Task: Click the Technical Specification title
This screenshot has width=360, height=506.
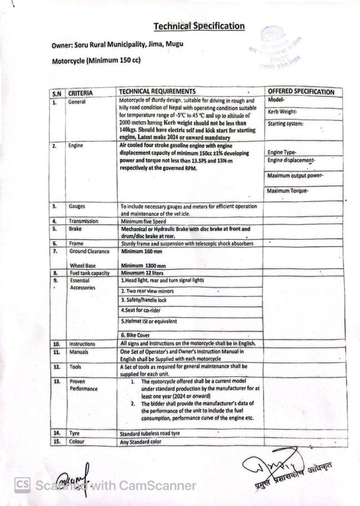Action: click(199, 26)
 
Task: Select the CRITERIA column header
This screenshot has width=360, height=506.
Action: click(81, 93)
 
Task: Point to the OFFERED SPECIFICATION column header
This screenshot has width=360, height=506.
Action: click(301, 92)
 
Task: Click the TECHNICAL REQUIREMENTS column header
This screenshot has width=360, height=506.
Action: click(157, 92)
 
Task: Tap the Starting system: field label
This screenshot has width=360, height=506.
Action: click(286, 123)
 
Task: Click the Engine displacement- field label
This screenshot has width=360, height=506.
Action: click(291, 161)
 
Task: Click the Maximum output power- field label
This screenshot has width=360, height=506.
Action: click(296, 176)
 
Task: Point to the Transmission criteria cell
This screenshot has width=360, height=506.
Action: click(83, 221)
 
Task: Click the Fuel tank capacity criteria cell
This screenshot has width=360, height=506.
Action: click(89, 273)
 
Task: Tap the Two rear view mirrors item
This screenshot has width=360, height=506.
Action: click(147, 291)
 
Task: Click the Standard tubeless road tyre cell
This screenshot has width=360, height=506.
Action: click(158, 433)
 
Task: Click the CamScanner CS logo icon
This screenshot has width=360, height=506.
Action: click(22, 485)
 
